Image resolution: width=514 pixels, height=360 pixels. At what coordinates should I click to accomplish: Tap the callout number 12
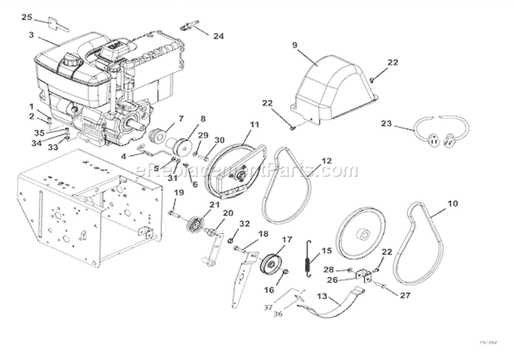(x=326, y=160)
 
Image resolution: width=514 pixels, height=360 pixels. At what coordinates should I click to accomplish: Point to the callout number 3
(x=32, y=34)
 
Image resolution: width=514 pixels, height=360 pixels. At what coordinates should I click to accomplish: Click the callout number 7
(x=181, y=119)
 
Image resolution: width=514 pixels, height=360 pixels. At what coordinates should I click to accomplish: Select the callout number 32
(x=245, y=224)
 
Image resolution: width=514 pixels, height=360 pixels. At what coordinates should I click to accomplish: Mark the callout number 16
(x=268, y=291)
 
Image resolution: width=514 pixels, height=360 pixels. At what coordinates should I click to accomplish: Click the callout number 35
(x=39, y=133)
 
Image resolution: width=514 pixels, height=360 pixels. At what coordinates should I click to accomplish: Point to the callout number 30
(x=220, y=140)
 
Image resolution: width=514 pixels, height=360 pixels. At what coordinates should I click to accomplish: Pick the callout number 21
(x=215, y=205)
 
